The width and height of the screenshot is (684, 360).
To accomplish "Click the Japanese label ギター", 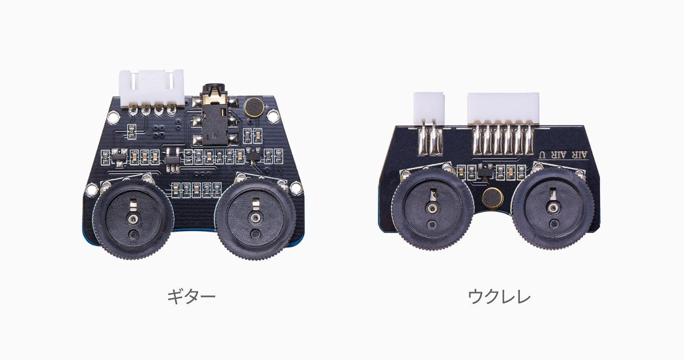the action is [x=191, y=296].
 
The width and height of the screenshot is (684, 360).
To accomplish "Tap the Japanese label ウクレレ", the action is [x=499, y=296].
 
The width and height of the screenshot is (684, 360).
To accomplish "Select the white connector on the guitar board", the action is [x=151, y=89].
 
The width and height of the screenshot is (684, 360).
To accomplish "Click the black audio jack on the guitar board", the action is [x=214, y=115].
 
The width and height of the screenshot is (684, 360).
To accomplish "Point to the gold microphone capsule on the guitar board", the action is [x=253, y=107].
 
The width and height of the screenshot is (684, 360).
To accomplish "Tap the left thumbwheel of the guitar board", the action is [x=133, y=218].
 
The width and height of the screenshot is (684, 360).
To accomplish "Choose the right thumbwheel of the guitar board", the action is [x=255, y=218].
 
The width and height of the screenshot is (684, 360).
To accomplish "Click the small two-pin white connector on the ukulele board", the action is [x=429, y=107].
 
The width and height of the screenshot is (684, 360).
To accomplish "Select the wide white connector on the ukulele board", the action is [x=503, y=109].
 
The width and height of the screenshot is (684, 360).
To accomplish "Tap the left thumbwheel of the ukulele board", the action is [x=433, y=209].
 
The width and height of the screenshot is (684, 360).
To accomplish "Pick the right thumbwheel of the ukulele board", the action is [x=553, y=209].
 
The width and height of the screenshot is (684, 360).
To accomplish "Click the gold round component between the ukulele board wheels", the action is [x=492, y=199].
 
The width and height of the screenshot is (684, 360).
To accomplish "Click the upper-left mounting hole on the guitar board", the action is [x=113, y=117].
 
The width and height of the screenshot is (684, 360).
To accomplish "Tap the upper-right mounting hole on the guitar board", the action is [x=273, y=116].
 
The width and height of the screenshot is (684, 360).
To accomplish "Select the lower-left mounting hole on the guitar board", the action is [x=92, y=189].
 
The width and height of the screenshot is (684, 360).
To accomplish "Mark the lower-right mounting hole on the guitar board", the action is [x=296, y=188].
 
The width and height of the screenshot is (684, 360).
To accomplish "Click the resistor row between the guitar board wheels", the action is [x=196, y=190].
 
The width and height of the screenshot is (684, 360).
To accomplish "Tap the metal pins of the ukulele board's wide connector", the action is [x=503, y=139].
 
